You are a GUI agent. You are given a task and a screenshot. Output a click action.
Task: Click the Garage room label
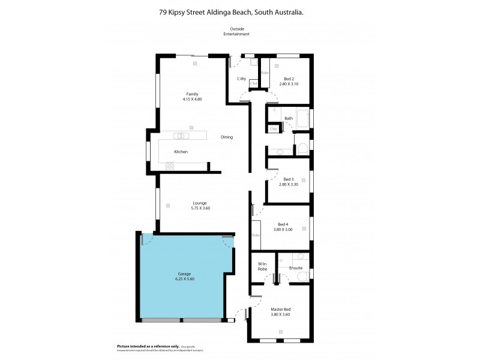point(184,274)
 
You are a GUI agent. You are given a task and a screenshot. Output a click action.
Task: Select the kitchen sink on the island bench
point(181,136)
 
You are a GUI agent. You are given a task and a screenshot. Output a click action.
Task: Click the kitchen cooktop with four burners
point(169,166)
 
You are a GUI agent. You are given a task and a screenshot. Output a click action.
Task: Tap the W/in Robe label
point(262,266)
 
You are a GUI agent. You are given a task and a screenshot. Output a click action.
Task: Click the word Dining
point(226,137)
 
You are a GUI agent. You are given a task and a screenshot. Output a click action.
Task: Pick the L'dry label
point(242,79)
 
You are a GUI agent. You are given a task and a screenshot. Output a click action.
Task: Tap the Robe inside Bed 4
point(256,236)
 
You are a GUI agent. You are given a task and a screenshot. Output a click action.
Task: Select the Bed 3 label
point(289,179)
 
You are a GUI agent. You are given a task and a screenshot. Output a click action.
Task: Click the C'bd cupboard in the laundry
point(253,83)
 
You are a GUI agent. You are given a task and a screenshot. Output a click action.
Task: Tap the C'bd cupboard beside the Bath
point(274,129)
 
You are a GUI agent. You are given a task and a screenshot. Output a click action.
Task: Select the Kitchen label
point(181,152)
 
